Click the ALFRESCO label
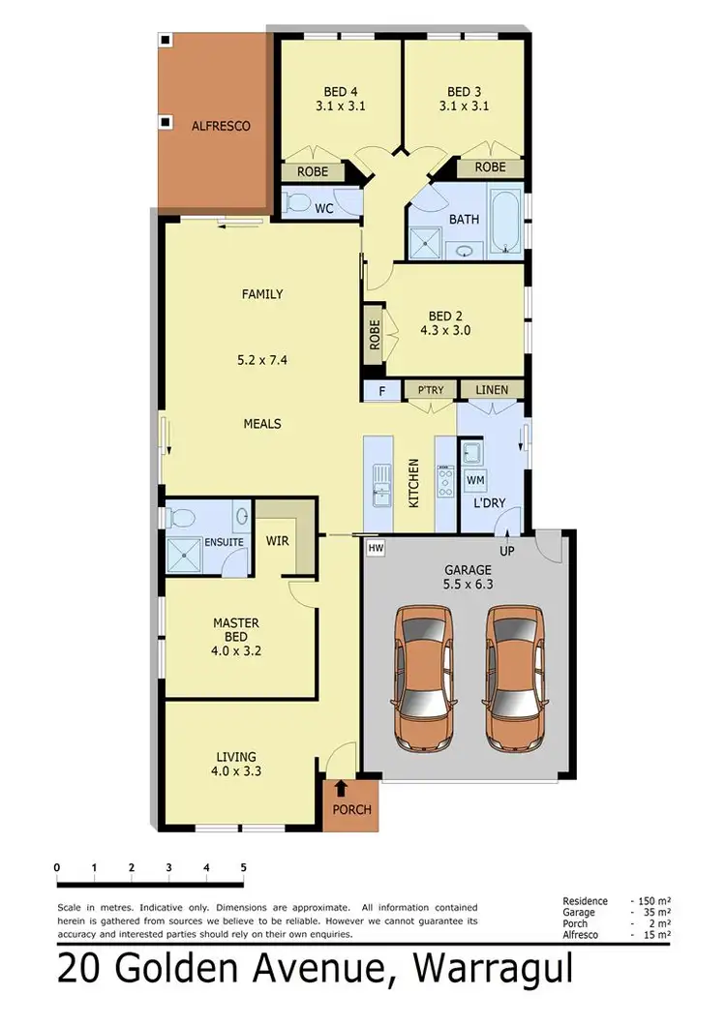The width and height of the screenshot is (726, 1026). coord(221,126)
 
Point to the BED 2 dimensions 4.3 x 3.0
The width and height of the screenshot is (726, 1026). coord(445,329)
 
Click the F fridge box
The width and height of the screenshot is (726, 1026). coord(380,390)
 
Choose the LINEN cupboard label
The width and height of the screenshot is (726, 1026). coord(492,390)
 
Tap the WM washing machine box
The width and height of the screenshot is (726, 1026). coord(475,480)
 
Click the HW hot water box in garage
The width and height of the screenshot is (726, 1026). coord(376,548)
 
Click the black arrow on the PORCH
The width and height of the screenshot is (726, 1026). coord(340,791)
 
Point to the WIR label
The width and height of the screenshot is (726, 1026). coord(277,541)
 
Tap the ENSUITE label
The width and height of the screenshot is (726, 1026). coord(224,542)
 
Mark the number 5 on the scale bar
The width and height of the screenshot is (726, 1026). coord(243,867)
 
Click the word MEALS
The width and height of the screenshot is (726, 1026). coord(261,424)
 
